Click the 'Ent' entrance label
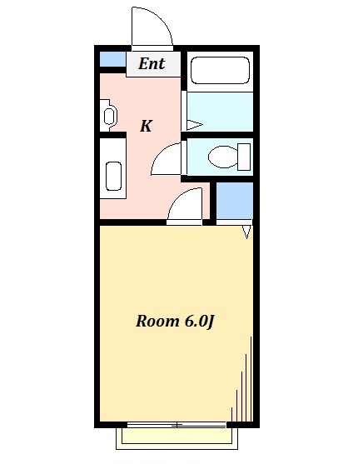pos(152,64)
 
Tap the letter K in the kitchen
pos(146,127)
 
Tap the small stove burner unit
pos(108,114)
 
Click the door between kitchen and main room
pos(186,205)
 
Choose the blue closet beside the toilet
pos(235,200)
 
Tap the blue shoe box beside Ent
pos(112,60)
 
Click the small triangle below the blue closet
pos(246,232)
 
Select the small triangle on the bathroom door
pos(193,125)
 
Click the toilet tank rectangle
pos(243,155)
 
